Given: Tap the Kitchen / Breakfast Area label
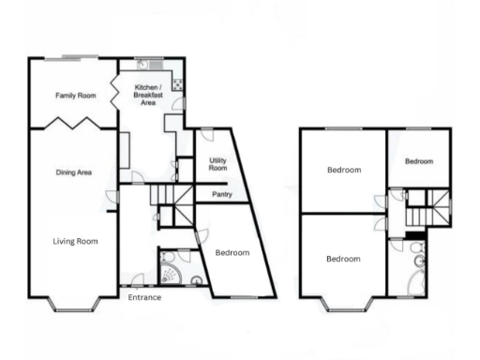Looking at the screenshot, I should coord(147,96).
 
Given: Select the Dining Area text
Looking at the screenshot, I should coord(73,172).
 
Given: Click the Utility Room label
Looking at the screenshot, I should coord(217,165).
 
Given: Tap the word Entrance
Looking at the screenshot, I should coord(145,297).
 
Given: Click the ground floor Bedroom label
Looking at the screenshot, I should coord(231,253).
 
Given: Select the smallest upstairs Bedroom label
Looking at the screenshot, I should coord(419,161).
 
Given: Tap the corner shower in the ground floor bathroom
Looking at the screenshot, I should coord(171,272).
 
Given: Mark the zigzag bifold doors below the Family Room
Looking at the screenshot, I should coord(73,124).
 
